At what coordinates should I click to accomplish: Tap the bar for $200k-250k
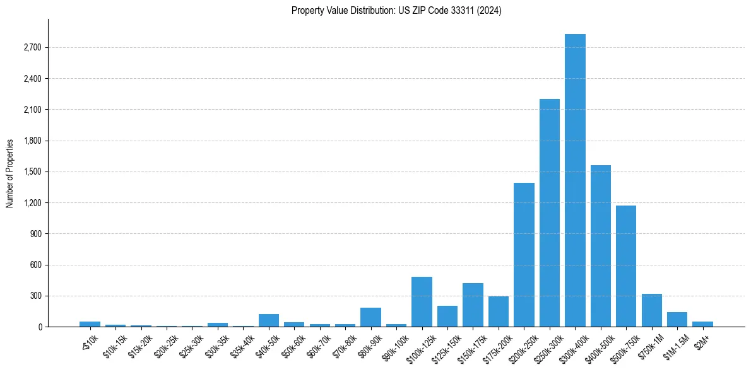point(524,255)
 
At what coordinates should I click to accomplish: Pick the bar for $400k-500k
point(600,246)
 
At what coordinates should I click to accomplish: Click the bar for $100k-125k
point(422,302)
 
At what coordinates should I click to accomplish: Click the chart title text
point(396,11)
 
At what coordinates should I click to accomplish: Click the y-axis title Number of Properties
point(10,173)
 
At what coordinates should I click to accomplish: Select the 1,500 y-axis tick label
point(31,172)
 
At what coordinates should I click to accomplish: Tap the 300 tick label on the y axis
point(35,296)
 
